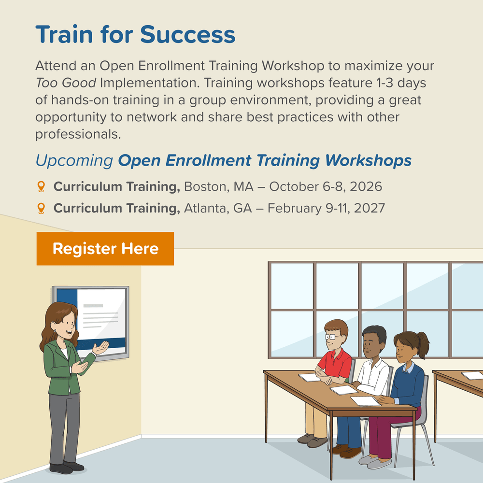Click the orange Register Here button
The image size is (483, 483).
pyautogui.click(x=105, y=249)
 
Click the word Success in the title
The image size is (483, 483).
pyautogui.click(x=187, y=34)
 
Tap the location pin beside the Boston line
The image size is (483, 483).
pyautogui.click(x=41, y=186)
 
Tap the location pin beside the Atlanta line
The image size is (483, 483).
pyautogui.click(x=41, y=208)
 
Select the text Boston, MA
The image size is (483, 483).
pyautogui.click(x=219, y=186)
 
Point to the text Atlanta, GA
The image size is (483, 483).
pyautogui.click(x=218, y=208)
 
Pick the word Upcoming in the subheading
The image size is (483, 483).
pyautogui.click(x=74, y=161)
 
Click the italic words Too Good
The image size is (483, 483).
pyautogui.click(x=66, y=83)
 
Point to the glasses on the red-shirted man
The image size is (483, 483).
pyautogui.click(x=331, y=337)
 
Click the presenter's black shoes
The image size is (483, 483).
pyautogui.click(x=67, y=468)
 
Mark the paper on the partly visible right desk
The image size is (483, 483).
pyautogui.click(x=472, y=375)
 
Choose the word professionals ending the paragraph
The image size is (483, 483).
pyautogui.click(x=78, y=135)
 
